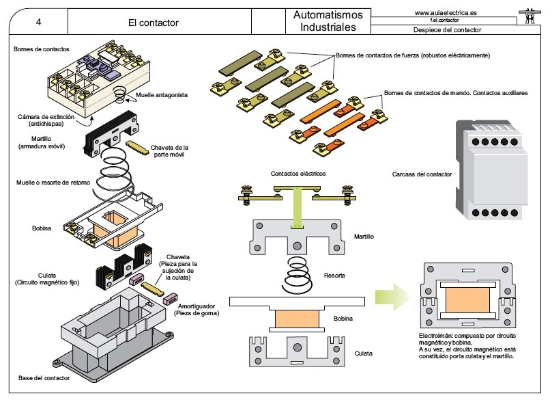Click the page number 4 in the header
(38, 22)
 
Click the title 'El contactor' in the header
(154, 23)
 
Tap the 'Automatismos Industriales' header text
(328, 21)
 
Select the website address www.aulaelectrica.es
(446, 13)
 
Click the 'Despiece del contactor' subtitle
(447, 30)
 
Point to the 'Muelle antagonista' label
(162, 95)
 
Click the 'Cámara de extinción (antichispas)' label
(46, 120)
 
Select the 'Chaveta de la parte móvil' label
(169, 151)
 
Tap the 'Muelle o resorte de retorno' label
(53, 183)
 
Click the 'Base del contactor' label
(44, 378)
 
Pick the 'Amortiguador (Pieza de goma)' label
(197, 310)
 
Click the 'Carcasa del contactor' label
(422, 174)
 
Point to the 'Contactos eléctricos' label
(298, 173)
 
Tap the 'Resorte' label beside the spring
(334, 276)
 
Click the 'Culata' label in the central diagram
(364, 354)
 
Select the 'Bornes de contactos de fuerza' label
(413, 55)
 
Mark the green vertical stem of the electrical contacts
(297, 207)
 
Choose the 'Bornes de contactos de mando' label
(456, 93)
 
